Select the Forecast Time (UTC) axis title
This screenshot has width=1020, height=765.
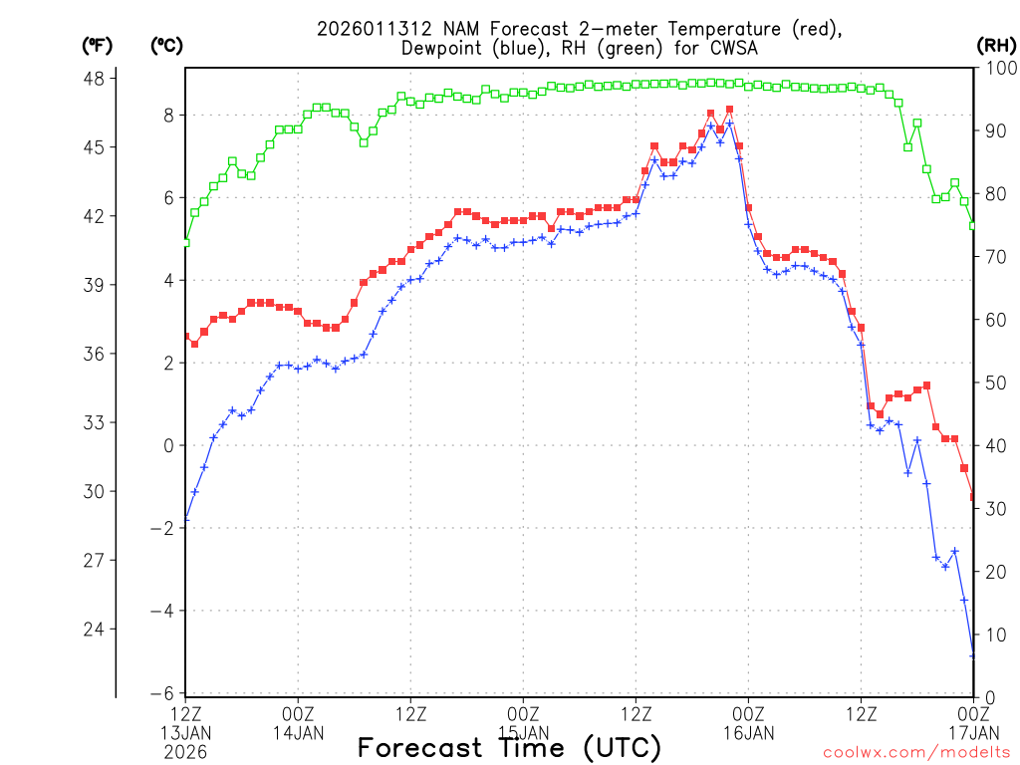(509, 747)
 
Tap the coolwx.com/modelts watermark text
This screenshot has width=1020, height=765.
(916, 752)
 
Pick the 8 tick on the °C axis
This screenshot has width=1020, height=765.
(168, 116)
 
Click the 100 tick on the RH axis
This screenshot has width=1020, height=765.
(996, 68)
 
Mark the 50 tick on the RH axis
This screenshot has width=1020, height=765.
(993, 382)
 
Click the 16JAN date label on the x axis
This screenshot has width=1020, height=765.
(748, 733)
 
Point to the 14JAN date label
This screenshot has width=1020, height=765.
(298, 733)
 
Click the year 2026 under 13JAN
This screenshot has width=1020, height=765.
(185, 753)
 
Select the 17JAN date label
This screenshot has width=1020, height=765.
(973, 733)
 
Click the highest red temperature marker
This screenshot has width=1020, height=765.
(730, 110)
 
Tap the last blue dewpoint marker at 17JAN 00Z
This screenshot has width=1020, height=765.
(973, 654)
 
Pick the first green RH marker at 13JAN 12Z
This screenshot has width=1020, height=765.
(185, 242)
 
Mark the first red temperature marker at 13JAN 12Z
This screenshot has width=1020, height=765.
(185, 337)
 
